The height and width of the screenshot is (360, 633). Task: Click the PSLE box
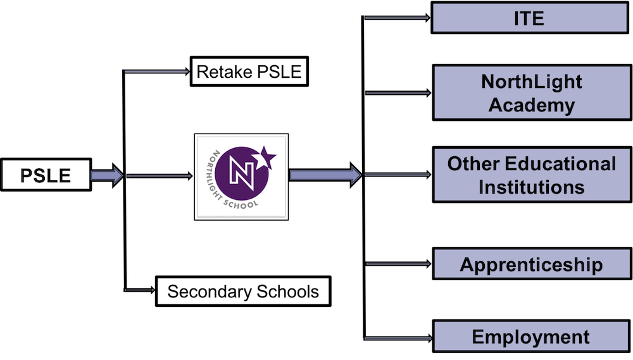pyautogui.click(x=46, y=175)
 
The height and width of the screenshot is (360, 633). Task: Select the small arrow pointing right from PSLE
pyautogui.click(x=106, y=175)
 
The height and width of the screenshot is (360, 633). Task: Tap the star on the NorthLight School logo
pyautogui.click(x=266, y=157)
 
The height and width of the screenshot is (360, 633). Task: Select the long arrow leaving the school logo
pyautogui.click(x=325, y=175)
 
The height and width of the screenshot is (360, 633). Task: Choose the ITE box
pyautogui.click(x=529, y=18)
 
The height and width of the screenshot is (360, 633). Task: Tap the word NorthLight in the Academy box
pyautogui.click(x=532, y=82)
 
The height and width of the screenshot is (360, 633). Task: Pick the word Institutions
pyautogui.click(x=532, y=187)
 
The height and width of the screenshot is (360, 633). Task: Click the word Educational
pyautogui.click(x=560, y=164)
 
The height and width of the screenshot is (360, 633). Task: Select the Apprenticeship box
pyautogui.click(x=531, y=264)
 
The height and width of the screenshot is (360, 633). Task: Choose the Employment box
pyautogui.click(x=531, y=337)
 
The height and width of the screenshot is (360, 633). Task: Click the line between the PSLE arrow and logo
pyautogui.click(x=158, y=176)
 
